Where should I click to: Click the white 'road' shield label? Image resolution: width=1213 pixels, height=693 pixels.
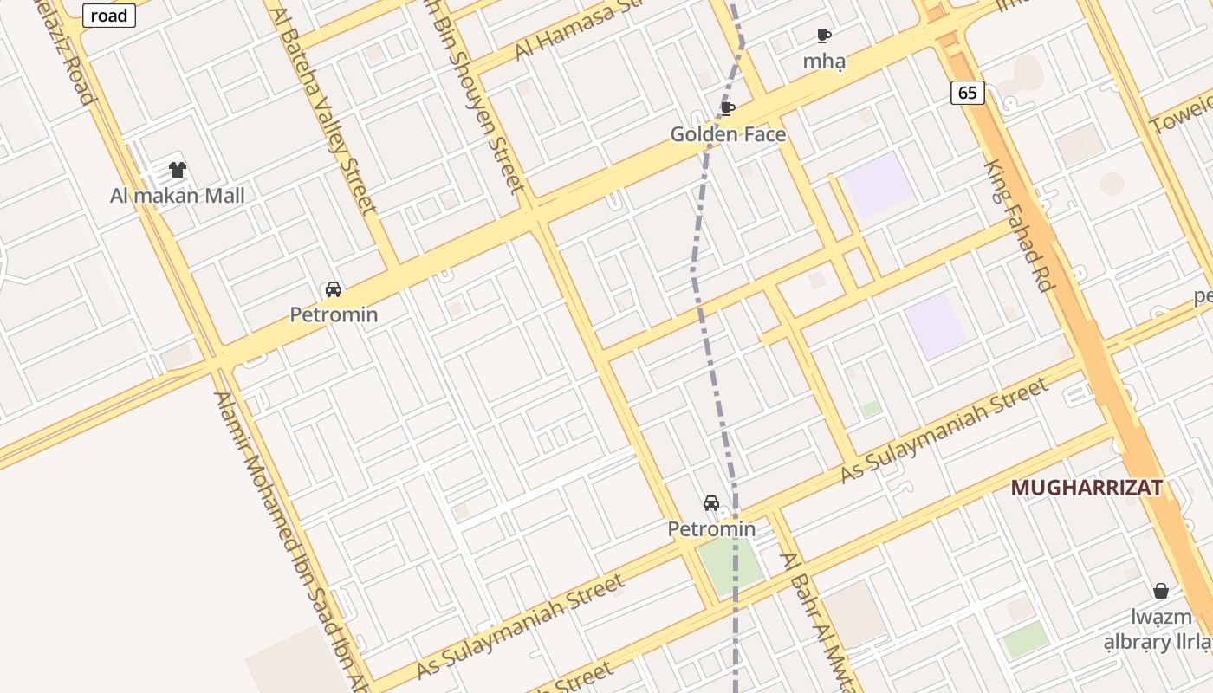point(109,15)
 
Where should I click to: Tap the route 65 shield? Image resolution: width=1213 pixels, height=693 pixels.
point(968,92)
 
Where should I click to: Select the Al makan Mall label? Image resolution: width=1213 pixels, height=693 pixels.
point(177,196)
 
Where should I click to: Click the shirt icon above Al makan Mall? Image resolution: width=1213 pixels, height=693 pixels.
point(177,170)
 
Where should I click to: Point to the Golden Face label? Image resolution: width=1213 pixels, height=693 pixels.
point(728,134)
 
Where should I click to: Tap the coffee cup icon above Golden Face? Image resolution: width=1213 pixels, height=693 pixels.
point(728,108)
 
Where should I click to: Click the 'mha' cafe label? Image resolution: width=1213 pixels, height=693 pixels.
point(823,62)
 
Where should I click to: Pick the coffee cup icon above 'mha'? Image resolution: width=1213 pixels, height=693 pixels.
point(823,36)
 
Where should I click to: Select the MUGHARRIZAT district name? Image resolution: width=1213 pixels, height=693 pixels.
point(1087,488)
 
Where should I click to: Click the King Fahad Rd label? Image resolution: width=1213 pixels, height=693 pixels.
point(1019,225)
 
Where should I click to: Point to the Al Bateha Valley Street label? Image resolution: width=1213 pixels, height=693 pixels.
point(324,111)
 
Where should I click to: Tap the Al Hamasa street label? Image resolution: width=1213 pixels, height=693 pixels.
point(575,31)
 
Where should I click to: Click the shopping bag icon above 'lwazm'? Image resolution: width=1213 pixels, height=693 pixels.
point(1161,591)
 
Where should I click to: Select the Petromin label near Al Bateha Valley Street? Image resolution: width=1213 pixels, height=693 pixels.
point(334,314)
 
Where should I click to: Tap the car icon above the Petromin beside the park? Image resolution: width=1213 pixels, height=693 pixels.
point(711,503)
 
